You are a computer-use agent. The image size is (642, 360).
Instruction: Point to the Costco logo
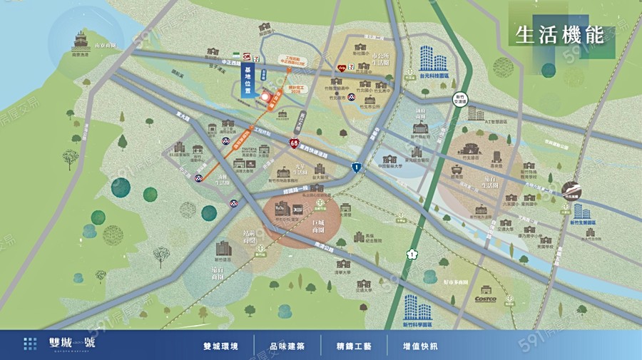[x=486, y=299]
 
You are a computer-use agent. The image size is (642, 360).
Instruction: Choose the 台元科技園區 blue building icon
[x=429, y=56]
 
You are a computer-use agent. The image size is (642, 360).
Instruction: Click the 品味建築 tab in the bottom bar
[x=287, y=346]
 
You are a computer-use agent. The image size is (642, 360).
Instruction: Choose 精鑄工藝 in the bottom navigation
[x=355, y=346]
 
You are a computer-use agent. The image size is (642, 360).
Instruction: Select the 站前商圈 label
[x=249, y=235]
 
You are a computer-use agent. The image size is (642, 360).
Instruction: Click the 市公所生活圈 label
[x=382, y=58]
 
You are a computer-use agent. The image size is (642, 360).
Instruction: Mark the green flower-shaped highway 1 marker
[x=411, y=253]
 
